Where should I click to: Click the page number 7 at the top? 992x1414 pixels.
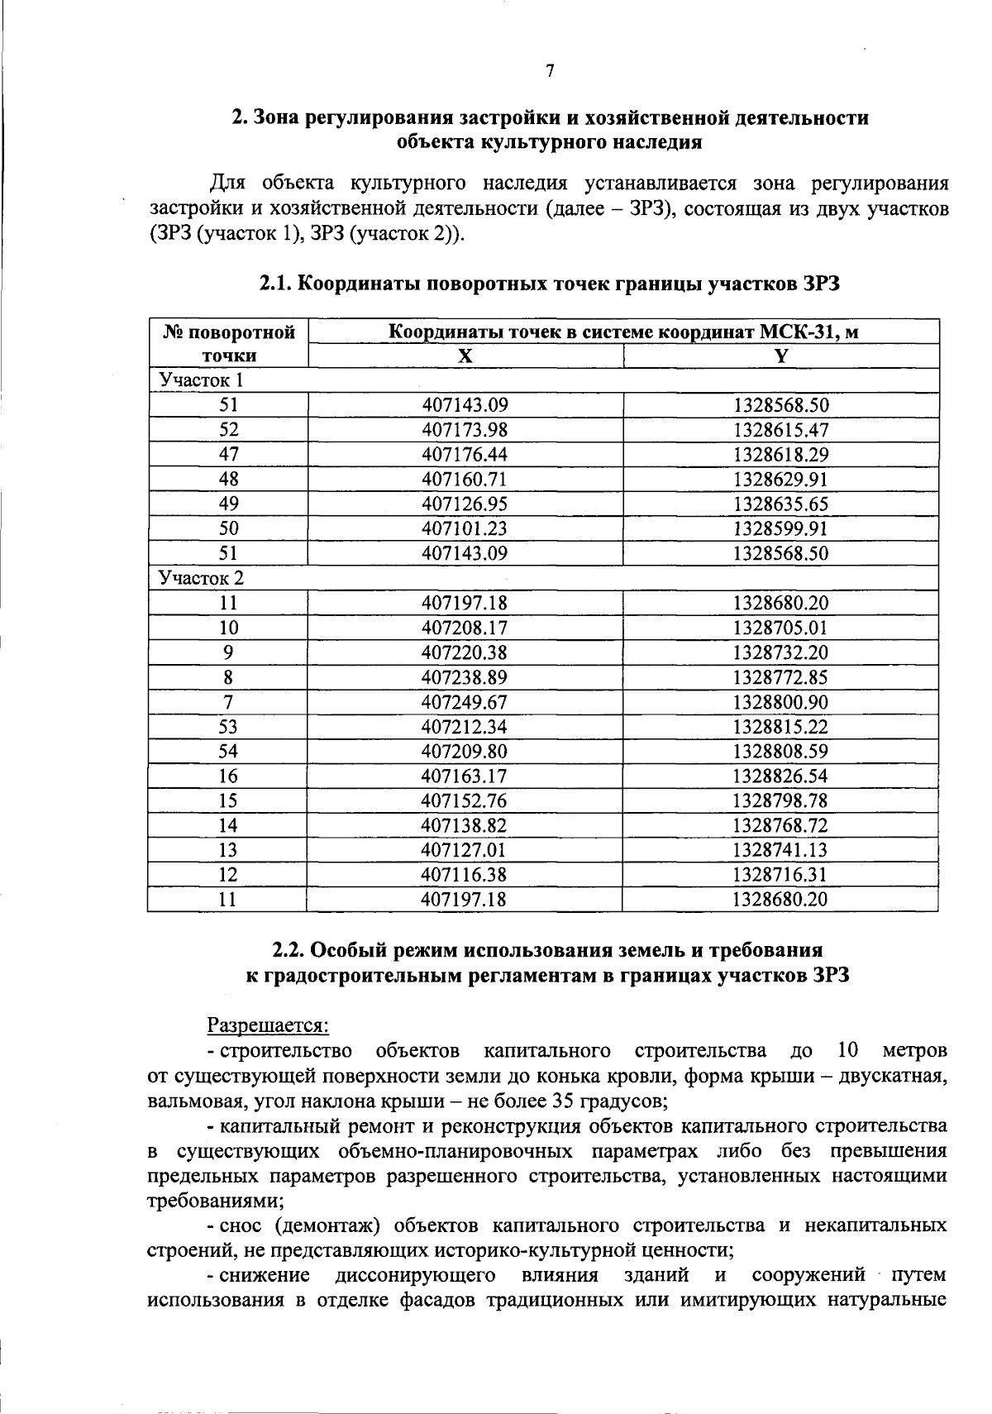549,71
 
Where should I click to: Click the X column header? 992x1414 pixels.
465,356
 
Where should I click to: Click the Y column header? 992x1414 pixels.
780,356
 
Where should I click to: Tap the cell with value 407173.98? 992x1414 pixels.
465,430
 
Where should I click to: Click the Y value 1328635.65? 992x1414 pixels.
780,504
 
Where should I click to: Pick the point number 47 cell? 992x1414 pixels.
228,454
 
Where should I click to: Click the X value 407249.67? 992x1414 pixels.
465,702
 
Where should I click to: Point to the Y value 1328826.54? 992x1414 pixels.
780,776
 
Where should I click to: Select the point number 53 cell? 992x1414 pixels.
228,726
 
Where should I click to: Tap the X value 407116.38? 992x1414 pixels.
465,874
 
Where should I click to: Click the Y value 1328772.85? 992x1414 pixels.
780,677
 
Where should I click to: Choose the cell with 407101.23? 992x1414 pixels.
465,528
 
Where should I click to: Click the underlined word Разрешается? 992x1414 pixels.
268,1025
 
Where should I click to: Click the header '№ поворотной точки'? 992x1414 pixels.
229,344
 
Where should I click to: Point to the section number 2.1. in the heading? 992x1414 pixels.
275,284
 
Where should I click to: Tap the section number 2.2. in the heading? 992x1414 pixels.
292,951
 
